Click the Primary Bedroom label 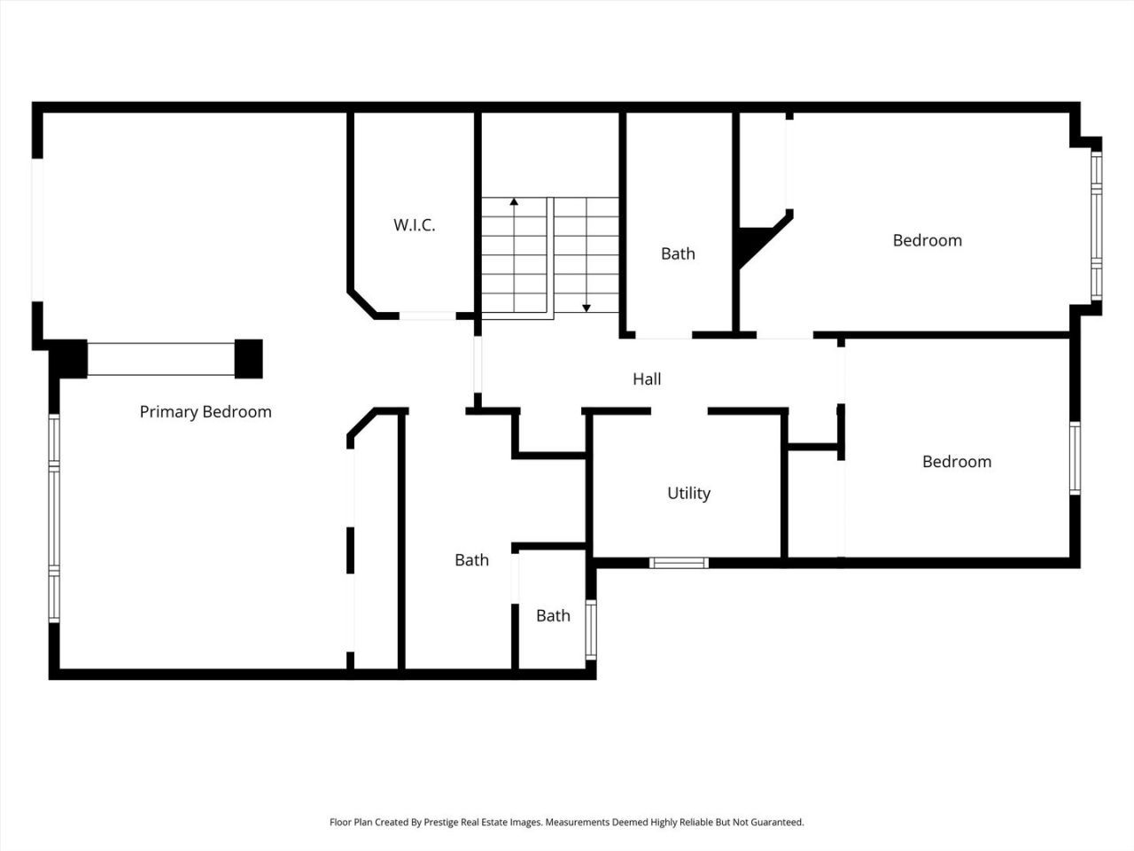point(206,412)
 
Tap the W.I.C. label point(415,225)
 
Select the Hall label point(647,379)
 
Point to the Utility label point(688,494)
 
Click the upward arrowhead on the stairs point(514,202)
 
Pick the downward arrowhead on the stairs point(586,308)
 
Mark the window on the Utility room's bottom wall point(680,562)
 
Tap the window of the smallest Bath point(591,629)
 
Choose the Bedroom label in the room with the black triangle point(927,240)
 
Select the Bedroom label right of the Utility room point(957,462)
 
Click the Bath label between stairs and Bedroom point(678,254)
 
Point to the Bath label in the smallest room point(553,616)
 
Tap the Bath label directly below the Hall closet point(471,560)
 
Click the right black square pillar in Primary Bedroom point(249,358)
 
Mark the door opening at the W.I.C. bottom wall point(428,316)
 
